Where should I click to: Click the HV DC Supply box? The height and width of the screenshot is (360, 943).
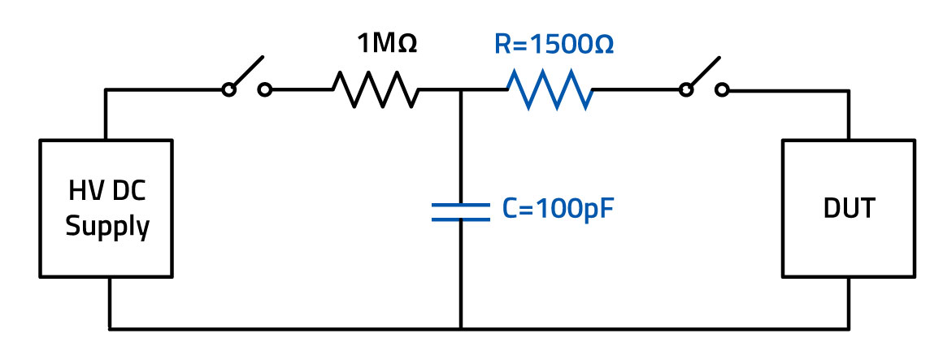[x=106, y=207]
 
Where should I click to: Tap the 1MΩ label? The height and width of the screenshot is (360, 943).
[x=387, y=45]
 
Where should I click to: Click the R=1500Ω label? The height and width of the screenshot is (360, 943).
[x=554, y=45]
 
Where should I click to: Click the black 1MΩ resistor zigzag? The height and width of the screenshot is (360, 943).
[x=376, y=89]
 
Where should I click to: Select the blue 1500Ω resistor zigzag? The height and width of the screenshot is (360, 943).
[x=550, y=89]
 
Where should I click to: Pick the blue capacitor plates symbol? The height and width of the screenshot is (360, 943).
[x=460, y=211]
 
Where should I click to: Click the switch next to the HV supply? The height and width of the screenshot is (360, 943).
[x=246, y=80]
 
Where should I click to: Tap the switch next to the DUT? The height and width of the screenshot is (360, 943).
[x=705, y=80]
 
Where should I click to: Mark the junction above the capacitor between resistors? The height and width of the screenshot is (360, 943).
[x=460, y=90]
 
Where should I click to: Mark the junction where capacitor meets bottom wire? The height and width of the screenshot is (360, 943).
[x=460, y=328]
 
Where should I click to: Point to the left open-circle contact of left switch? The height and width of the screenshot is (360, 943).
[x=229, y=90]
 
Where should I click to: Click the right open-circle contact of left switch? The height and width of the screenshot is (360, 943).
[x=264, y=90]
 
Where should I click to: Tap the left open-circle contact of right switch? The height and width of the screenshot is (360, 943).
[x=688, y=90]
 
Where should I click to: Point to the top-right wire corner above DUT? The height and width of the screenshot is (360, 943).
[x=848, y=90]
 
